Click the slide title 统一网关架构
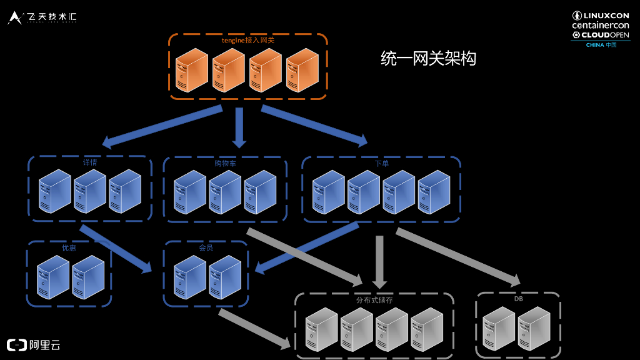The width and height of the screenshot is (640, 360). (429, 59)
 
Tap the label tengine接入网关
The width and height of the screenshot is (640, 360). (247, 41)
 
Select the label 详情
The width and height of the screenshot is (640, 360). (90, 162)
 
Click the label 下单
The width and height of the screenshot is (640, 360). (381, 163)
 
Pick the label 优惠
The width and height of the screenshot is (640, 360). (69, 247)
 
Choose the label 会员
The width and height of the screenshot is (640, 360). (206, 247)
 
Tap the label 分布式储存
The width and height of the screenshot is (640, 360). (374, 300)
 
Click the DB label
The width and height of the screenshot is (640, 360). (519, 299)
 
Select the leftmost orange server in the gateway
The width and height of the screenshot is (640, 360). (191, 70)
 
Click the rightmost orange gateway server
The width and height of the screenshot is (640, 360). (302, 70)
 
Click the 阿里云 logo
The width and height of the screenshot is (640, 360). (34, 344)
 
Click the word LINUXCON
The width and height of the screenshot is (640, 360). (606, 15)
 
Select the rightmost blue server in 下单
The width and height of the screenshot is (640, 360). (434, 191)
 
